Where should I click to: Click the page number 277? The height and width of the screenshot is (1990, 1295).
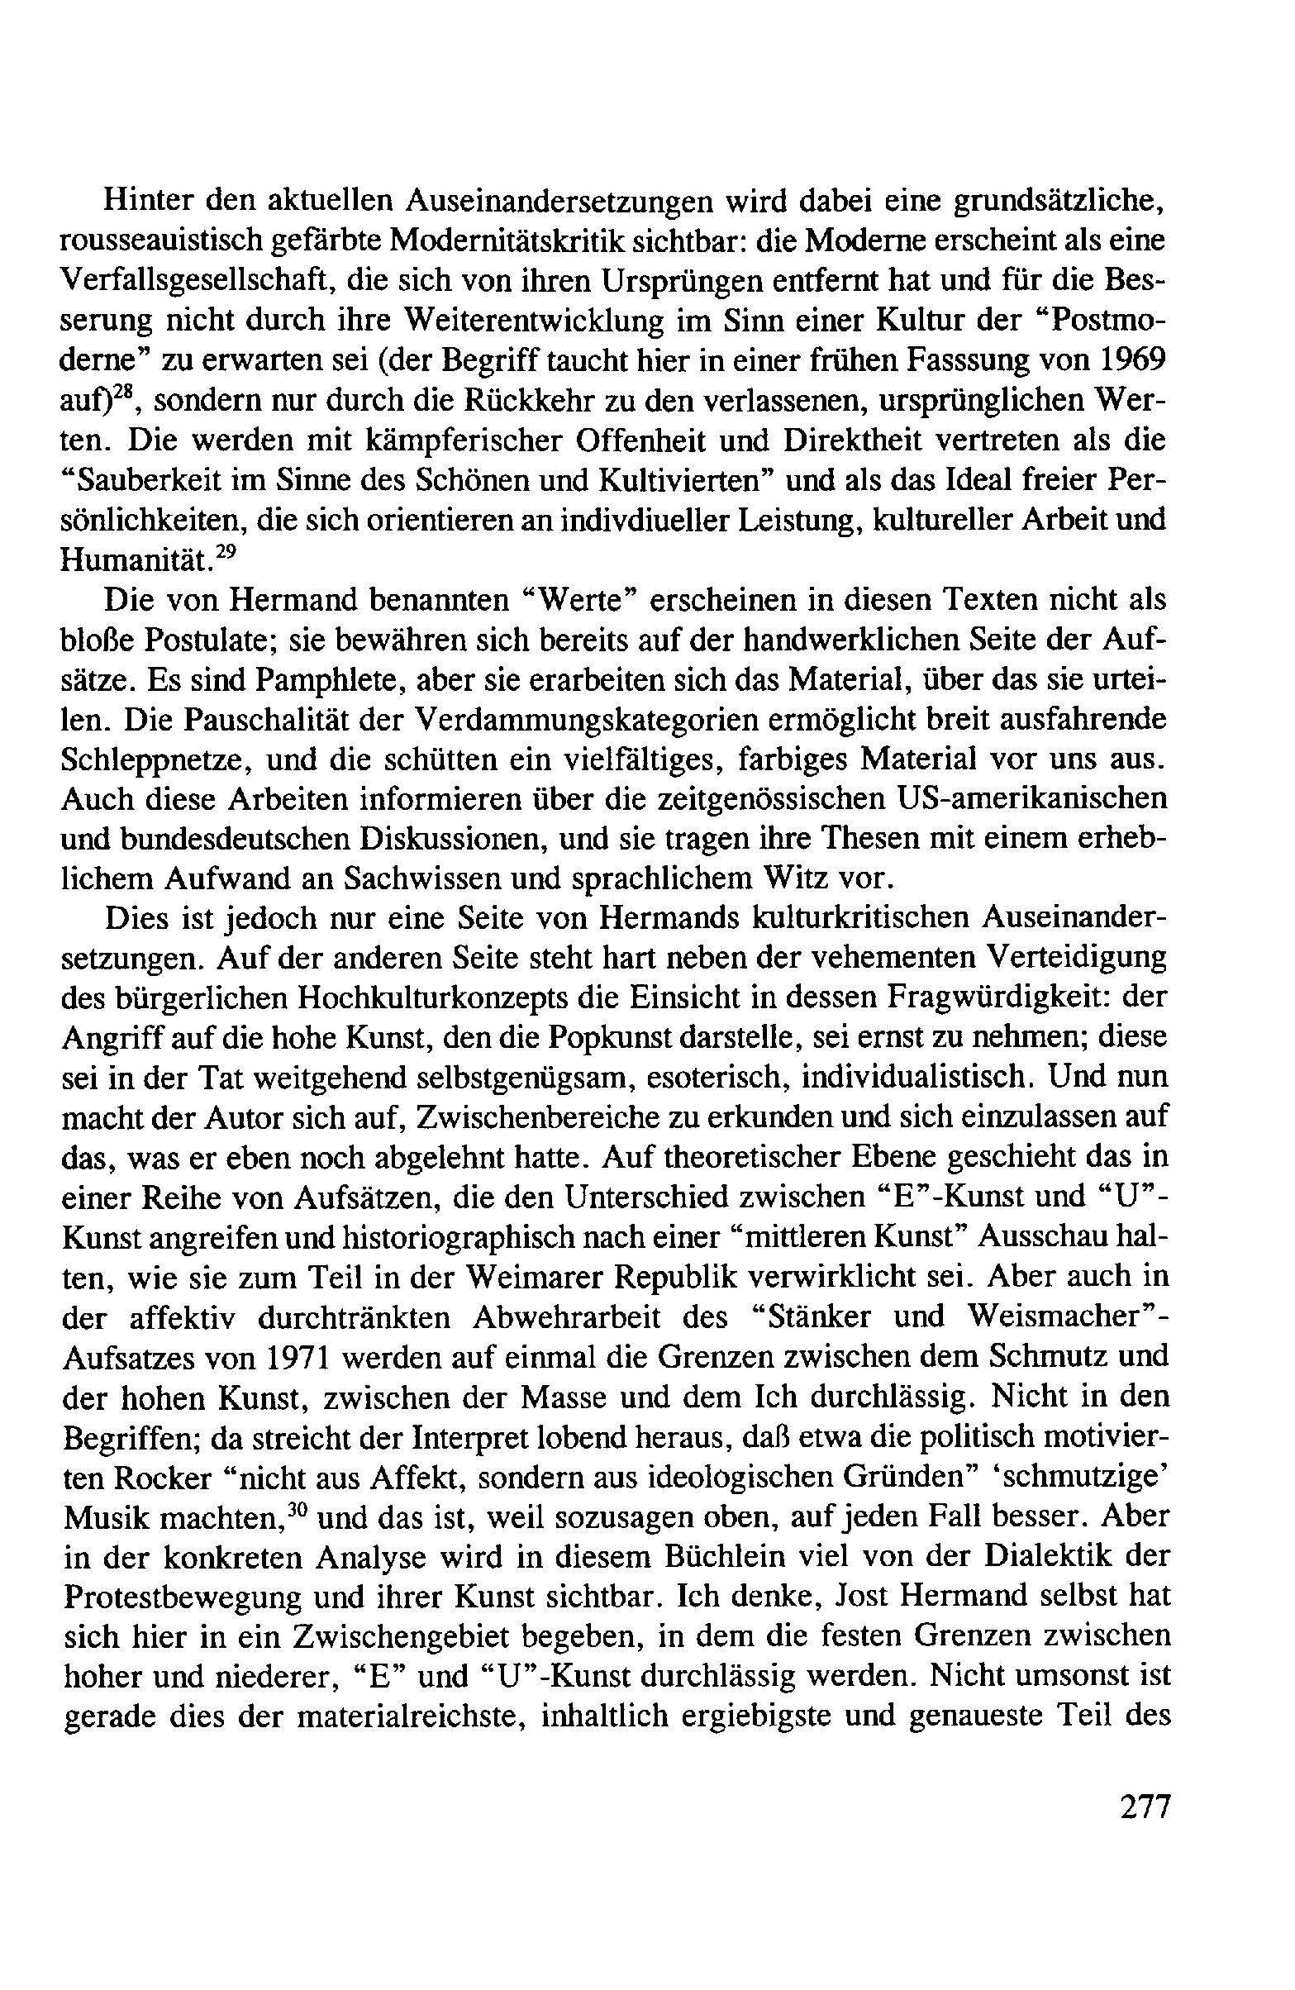(1143, 1808)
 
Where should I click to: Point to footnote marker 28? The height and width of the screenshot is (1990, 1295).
(121, 393)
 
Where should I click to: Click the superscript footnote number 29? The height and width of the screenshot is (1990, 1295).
(217, 551)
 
